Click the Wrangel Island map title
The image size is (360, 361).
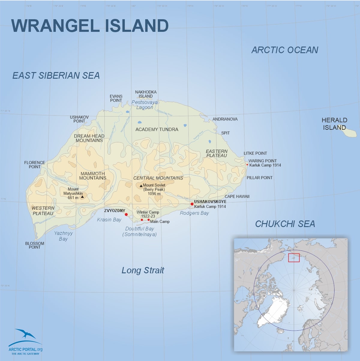[x=90, y=26]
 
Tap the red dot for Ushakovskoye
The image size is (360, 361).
[x=192, y=204]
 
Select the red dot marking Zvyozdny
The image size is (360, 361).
[x=126, y=214]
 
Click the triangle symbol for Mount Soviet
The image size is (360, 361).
[x=141, y=186]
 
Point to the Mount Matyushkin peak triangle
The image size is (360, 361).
[x=82, y=197]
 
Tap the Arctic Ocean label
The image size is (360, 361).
[x=285, y=50]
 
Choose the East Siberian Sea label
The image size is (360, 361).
[x=56, y=76]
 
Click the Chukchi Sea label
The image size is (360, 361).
[x=285, y=224]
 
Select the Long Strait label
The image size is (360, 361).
[x=143, y=270]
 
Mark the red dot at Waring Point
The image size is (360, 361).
[x=247, y=165]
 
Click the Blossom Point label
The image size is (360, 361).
[x=34, y=245]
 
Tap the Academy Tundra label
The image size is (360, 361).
[x=157, y=129]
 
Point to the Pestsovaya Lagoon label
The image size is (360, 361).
[x=145, y=105]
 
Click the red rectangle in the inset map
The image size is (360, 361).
[x=294, y=258]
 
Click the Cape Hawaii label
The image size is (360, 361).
[x=237, y=196]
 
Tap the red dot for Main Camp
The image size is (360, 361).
[x=148, y=220]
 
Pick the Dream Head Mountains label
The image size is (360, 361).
[x=89, y=138]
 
